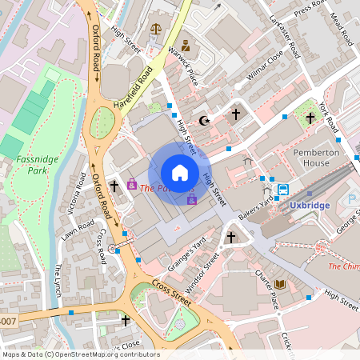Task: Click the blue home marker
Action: point(180,172)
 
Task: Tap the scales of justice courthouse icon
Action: point(155,27)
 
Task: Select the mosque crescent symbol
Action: point(205,121)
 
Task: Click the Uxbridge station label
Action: point(309,206)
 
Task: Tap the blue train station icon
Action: point(283,190)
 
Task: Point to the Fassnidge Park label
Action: point(32,165)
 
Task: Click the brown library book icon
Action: point(280,285)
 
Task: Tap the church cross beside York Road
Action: point(310,118)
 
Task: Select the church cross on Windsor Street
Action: point(230,238)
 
